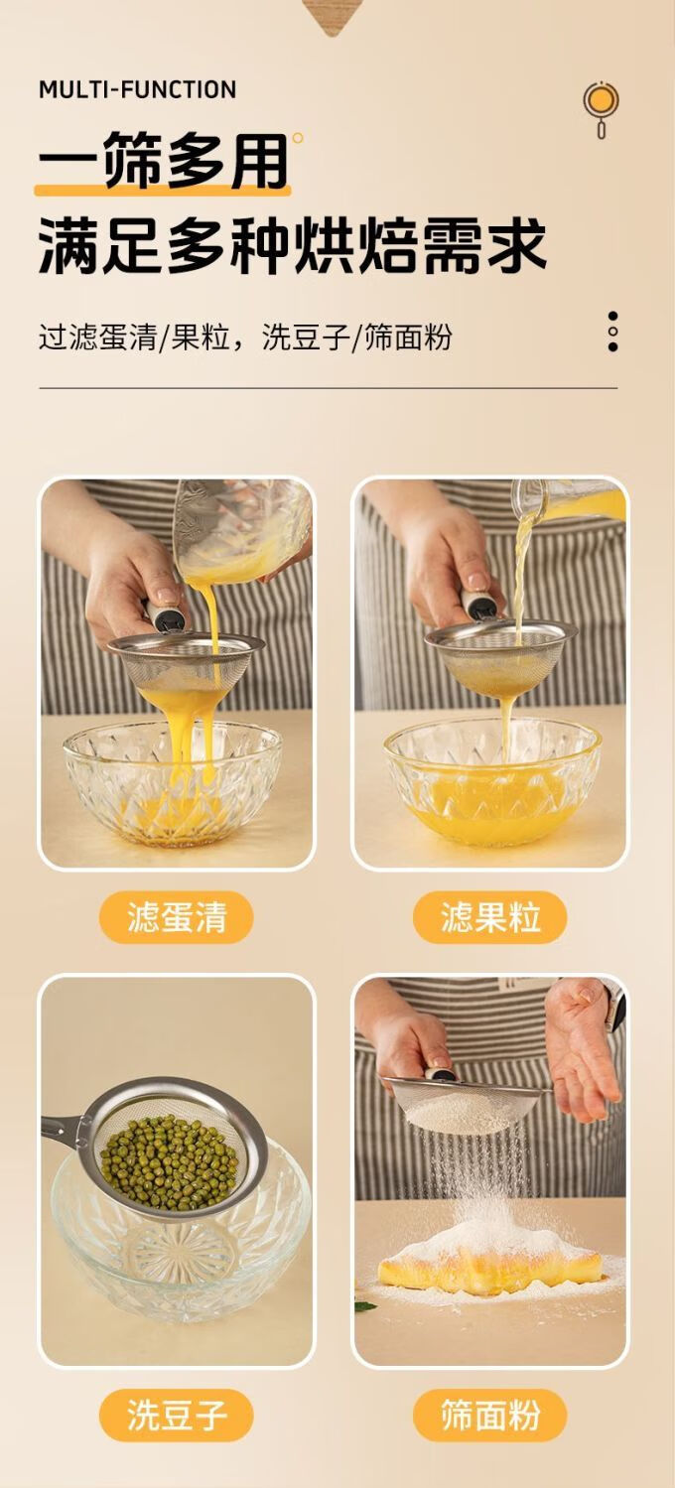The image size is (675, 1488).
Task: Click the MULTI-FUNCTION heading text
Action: pos(138,89)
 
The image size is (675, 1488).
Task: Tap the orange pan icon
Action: pos(601,107)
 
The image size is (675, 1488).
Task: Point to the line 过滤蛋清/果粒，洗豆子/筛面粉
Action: pos(245,337)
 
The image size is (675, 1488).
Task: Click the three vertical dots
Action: pos(612,331)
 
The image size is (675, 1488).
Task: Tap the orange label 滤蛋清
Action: pos(177,917)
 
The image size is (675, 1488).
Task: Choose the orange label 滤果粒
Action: pos(490,917)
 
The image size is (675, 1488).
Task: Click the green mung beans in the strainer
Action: pos(170,1161)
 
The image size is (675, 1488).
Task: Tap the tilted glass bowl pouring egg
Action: pos(239,531)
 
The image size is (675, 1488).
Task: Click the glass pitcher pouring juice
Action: pos(566,505)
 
